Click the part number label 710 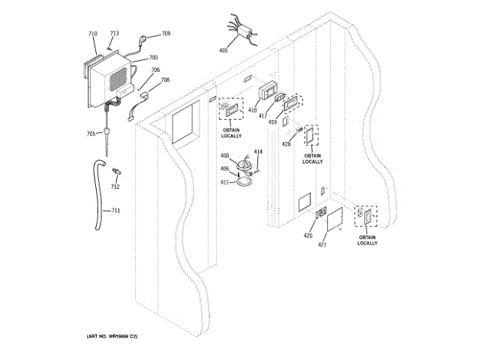click(x=92, y=34)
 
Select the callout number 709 click(x=166, y=34)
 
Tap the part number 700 click(x=153, y=58)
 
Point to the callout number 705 click(x=90, y=133)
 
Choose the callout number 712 click(x=115, y=187)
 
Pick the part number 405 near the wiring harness click(x=223, y=50)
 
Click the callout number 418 click(x=252, y=110)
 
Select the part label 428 click(x=286, y=144)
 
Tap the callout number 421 click(x=322, y=244)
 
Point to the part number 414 click(x=258, y=151)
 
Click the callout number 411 click(x=224, y=182)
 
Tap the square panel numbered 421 click(x=334, y=221)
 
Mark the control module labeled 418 click(x=268, y=92)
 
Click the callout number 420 click(x=307, y=235)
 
